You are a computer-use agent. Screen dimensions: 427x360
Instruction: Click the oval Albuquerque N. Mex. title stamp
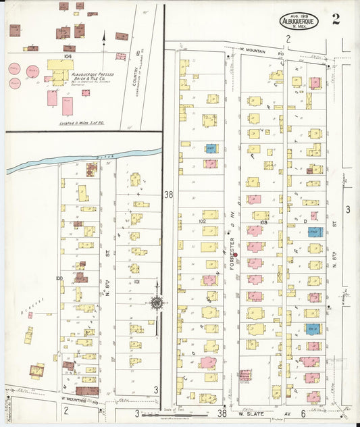point(301,21)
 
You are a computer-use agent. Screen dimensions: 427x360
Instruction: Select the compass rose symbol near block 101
point(157,303)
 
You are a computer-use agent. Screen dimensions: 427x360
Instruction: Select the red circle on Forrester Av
point(235,255)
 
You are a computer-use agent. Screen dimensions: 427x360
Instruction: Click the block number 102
point(201,221)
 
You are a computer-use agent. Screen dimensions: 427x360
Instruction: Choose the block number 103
point(263,222)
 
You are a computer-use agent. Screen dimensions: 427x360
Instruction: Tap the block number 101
point(136,281)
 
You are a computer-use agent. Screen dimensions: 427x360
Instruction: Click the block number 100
point(59,278)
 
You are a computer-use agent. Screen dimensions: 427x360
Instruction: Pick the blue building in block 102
point(211,149)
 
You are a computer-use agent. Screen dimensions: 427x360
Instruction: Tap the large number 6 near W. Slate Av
point(303,413)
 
